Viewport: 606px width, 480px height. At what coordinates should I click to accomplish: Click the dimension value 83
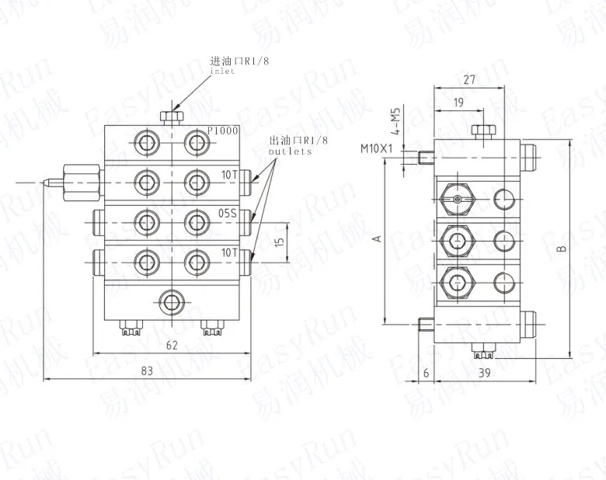click(146, 371)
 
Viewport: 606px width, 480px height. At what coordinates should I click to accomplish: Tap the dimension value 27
click(468, 78)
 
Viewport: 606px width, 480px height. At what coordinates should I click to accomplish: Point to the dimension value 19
click(458, 102)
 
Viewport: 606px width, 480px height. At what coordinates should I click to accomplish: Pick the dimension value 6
click(427, 374)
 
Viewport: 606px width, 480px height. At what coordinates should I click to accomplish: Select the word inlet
click(222, 71)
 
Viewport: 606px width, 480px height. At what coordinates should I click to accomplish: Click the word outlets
click(289, 152)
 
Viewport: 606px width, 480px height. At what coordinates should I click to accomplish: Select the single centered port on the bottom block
click(171, 300)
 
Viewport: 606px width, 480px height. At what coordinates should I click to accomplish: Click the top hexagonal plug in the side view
click(458, 200)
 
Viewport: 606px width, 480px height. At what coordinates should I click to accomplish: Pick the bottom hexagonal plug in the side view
click(458, 282)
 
